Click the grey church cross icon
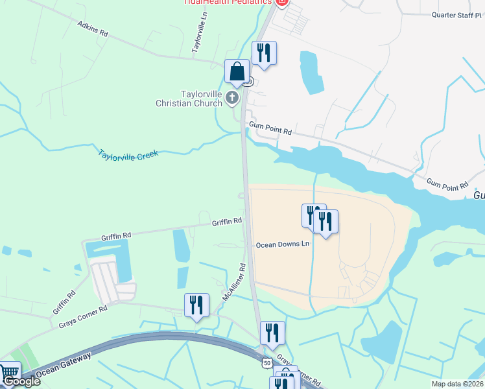tap(232, 99)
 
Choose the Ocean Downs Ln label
tap(283, 244)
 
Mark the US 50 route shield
tap(267, 364)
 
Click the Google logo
tap(21, 381)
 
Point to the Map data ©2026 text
tap(458, 384)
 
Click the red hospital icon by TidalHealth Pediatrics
tap(281, 2)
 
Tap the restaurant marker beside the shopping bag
tap(264, 53)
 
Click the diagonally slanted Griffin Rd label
tap(64, 303)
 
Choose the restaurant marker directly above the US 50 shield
tap(272, 333)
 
